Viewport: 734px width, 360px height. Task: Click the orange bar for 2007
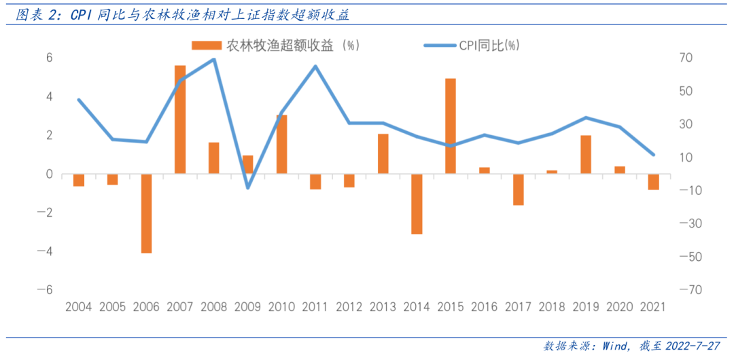coord(180,120)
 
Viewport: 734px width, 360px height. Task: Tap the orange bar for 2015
coord(451,126)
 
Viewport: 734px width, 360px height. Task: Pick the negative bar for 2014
coord(417,204)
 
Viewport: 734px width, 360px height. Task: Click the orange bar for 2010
coord(281,145)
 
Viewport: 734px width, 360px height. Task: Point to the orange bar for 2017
coord(519,190)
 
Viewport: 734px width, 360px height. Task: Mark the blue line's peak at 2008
coord(213,59)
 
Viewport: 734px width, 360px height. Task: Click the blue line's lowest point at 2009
coord(247,187)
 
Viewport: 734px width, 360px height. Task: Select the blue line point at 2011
coord(315,66)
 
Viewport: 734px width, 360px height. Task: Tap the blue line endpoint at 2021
coord(653,155)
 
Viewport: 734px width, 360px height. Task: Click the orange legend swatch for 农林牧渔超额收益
coord(207,46)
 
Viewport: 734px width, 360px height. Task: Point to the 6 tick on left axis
coord(49,58)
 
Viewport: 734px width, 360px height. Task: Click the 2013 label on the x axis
coord(383,306)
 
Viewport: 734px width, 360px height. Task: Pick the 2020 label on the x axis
coord(620,306)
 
